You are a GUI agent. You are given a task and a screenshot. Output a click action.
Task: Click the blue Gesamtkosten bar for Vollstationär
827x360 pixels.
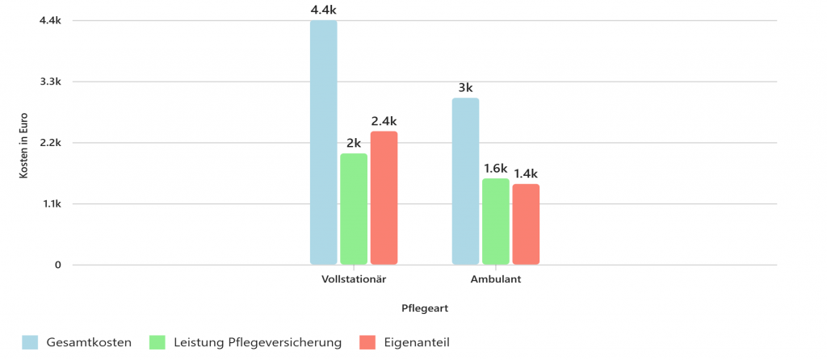pyautogui.click(x=323, y=143)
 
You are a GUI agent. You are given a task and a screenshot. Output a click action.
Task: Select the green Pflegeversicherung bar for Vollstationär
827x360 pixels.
pyautogui.click(x=354, y=209)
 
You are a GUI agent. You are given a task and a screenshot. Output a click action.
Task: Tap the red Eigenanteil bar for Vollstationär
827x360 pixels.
pyautogui.click(x=384, y=198)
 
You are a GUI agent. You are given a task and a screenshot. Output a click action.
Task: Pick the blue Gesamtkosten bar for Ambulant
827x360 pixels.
pyautogui.click(x=465, y=182)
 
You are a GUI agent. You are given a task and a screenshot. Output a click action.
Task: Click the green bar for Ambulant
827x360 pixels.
pyautogui.click(x=496, y=221)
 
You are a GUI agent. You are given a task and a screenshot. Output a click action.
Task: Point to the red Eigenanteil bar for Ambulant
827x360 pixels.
pyautogui.click(x=526, y=224)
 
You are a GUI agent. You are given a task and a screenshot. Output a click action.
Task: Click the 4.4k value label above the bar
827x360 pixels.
pyautogui.click(x=323, y=10)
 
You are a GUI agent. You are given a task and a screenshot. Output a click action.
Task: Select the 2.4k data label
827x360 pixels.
pyautogui.click(x=384, y=121)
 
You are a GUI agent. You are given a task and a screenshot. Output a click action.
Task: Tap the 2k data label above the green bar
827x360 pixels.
pyautogui.click(x=354, y=144)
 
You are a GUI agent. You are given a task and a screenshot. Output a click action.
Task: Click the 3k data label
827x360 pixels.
pyautogui.click(x=465, y=88)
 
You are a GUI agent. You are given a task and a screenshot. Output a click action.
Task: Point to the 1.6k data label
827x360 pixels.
pyautogui.click(x=496, y=169)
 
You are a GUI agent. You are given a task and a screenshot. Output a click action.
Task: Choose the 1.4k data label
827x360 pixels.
pyautogui.click(x=526, y=174)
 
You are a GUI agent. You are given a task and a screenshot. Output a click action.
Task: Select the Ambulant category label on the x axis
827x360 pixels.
pyautogui.click(x=496, y=280)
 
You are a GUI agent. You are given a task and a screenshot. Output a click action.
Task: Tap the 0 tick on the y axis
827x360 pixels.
pyautogui.click(x=57, y=265)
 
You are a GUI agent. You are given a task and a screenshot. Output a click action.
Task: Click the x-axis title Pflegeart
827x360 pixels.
pyautogui.click(x=425, y=308)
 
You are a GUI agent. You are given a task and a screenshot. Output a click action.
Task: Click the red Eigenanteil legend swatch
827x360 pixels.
pyautogui.click(x=367, y=343)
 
